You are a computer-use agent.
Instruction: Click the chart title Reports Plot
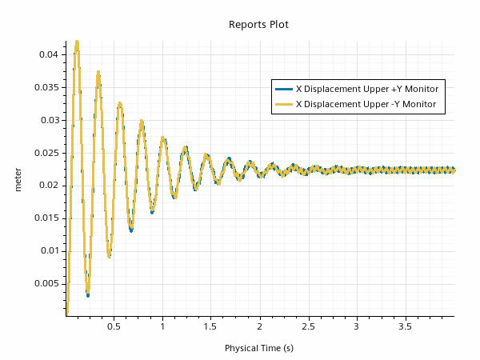tap(258, 25)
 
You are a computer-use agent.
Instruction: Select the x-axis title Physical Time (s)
tap(258, 348)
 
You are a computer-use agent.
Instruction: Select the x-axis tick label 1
tap(162, 327)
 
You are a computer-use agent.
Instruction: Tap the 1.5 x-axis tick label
tap(210, 327)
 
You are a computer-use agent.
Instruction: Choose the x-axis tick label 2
tap(259, 327)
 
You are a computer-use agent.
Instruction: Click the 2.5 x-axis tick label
tap(308, 327)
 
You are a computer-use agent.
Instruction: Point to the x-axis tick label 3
tap(356, 327)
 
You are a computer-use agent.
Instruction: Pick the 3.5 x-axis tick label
tap(405, 327)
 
